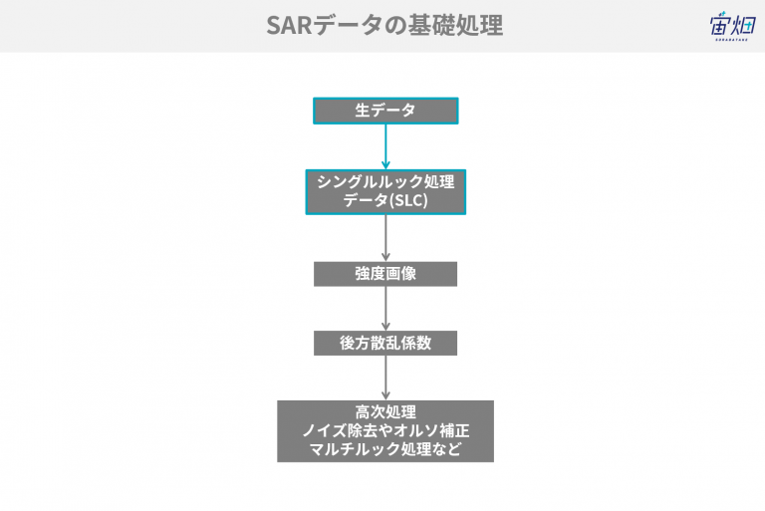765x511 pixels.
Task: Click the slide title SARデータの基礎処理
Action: coord(384,25)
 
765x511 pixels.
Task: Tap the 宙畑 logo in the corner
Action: coord(732,25)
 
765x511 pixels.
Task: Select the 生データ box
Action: coord(385,111)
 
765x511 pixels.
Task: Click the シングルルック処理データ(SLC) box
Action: coord(385,192)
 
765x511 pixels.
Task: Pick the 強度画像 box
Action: coord(385,274)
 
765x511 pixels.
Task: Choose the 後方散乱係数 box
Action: coord(385,343)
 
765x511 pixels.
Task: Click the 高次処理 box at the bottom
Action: coord(385,431)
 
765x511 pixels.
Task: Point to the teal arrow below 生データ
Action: coord(385,146)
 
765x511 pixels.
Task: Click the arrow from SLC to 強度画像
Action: coord(385,238)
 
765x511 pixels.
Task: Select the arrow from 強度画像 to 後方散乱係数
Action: coord(385,309)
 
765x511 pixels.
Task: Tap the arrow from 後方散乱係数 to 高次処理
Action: coord(385,378)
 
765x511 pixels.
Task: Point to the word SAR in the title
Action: coord(289,25)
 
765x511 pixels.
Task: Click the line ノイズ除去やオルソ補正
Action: coord(385,430)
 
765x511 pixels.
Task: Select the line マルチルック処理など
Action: coord(385,449)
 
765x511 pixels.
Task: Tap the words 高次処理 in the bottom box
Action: coord(385,412)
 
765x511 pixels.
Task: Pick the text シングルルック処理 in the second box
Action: coord(385,182)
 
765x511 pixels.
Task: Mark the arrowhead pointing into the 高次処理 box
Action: coord(385,395)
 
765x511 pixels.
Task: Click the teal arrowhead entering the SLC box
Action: coord(385,164)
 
